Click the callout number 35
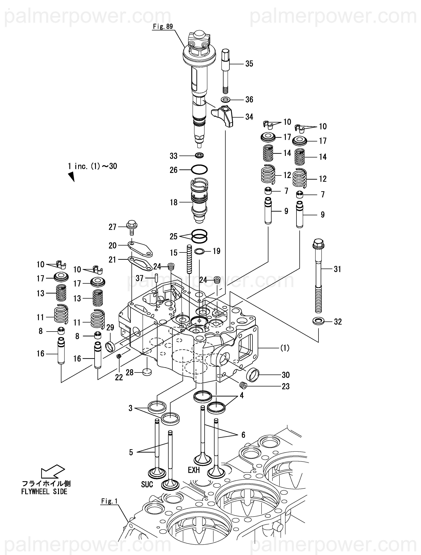[249, 64]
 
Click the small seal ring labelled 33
[199, 156]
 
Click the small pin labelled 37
[156, 278]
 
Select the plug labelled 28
[147, 372]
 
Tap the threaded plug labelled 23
[243, 385]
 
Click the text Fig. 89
[163, 27]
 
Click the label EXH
[194, 470]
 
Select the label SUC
[147, 484]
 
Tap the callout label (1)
[285, 348]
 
